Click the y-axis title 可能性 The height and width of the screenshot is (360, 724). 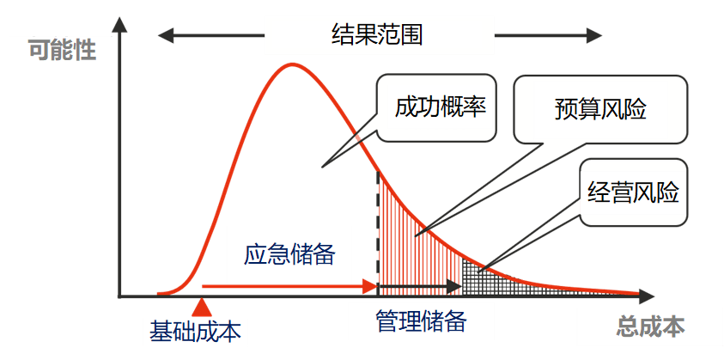click(63, 50)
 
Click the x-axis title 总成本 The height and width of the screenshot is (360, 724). click(651, 327)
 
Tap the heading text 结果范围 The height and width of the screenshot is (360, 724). click(377, 35)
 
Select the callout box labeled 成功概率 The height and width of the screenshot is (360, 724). click(437, 108)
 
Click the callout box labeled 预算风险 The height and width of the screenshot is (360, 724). click(600, 109)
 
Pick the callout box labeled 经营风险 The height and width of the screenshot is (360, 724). click(634, 192)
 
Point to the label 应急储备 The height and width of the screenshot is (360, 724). click(289, 253)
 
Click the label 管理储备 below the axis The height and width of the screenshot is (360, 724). click(421, 321)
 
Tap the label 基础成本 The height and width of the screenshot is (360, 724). click(195, 332)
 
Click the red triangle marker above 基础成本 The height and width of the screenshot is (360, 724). click(201, 308)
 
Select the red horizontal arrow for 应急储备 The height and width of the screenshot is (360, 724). click(290, 286)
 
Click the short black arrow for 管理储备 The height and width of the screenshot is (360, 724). click(420, 287)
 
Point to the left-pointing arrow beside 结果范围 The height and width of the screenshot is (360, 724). click(211, 35)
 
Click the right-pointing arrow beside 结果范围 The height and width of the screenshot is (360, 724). click(548, 35)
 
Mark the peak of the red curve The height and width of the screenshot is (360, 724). click(291, 64)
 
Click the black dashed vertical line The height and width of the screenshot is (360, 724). click(378, 234)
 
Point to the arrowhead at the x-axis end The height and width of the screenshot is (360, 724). click(646, 295)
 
